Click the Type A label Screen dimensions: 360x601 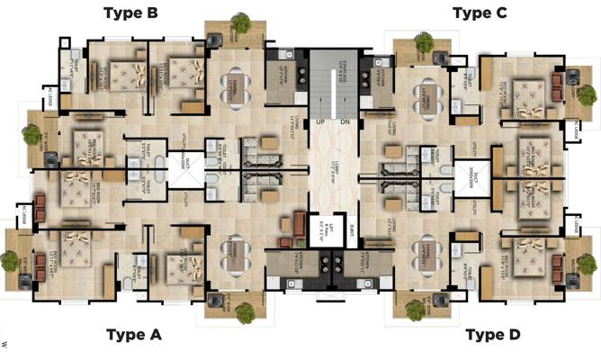point(133,335)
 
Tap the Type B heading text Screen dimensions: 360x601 point(131,13)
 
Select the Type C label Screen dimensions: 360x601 point(480,13)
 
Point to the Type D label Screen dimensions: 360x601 point(492,335)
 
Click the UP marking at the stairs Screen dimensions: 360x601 point(320,122)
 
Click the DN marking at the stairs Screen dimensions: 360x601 point(345,122)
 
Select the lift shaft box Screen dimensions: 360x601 point(321,230)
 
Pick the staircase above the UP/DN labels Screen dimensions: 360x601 point(332,81)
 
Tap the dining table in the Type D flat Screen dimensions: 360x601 point(422,256)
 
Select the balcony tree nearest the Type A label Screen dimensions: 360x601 point(244,310)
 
